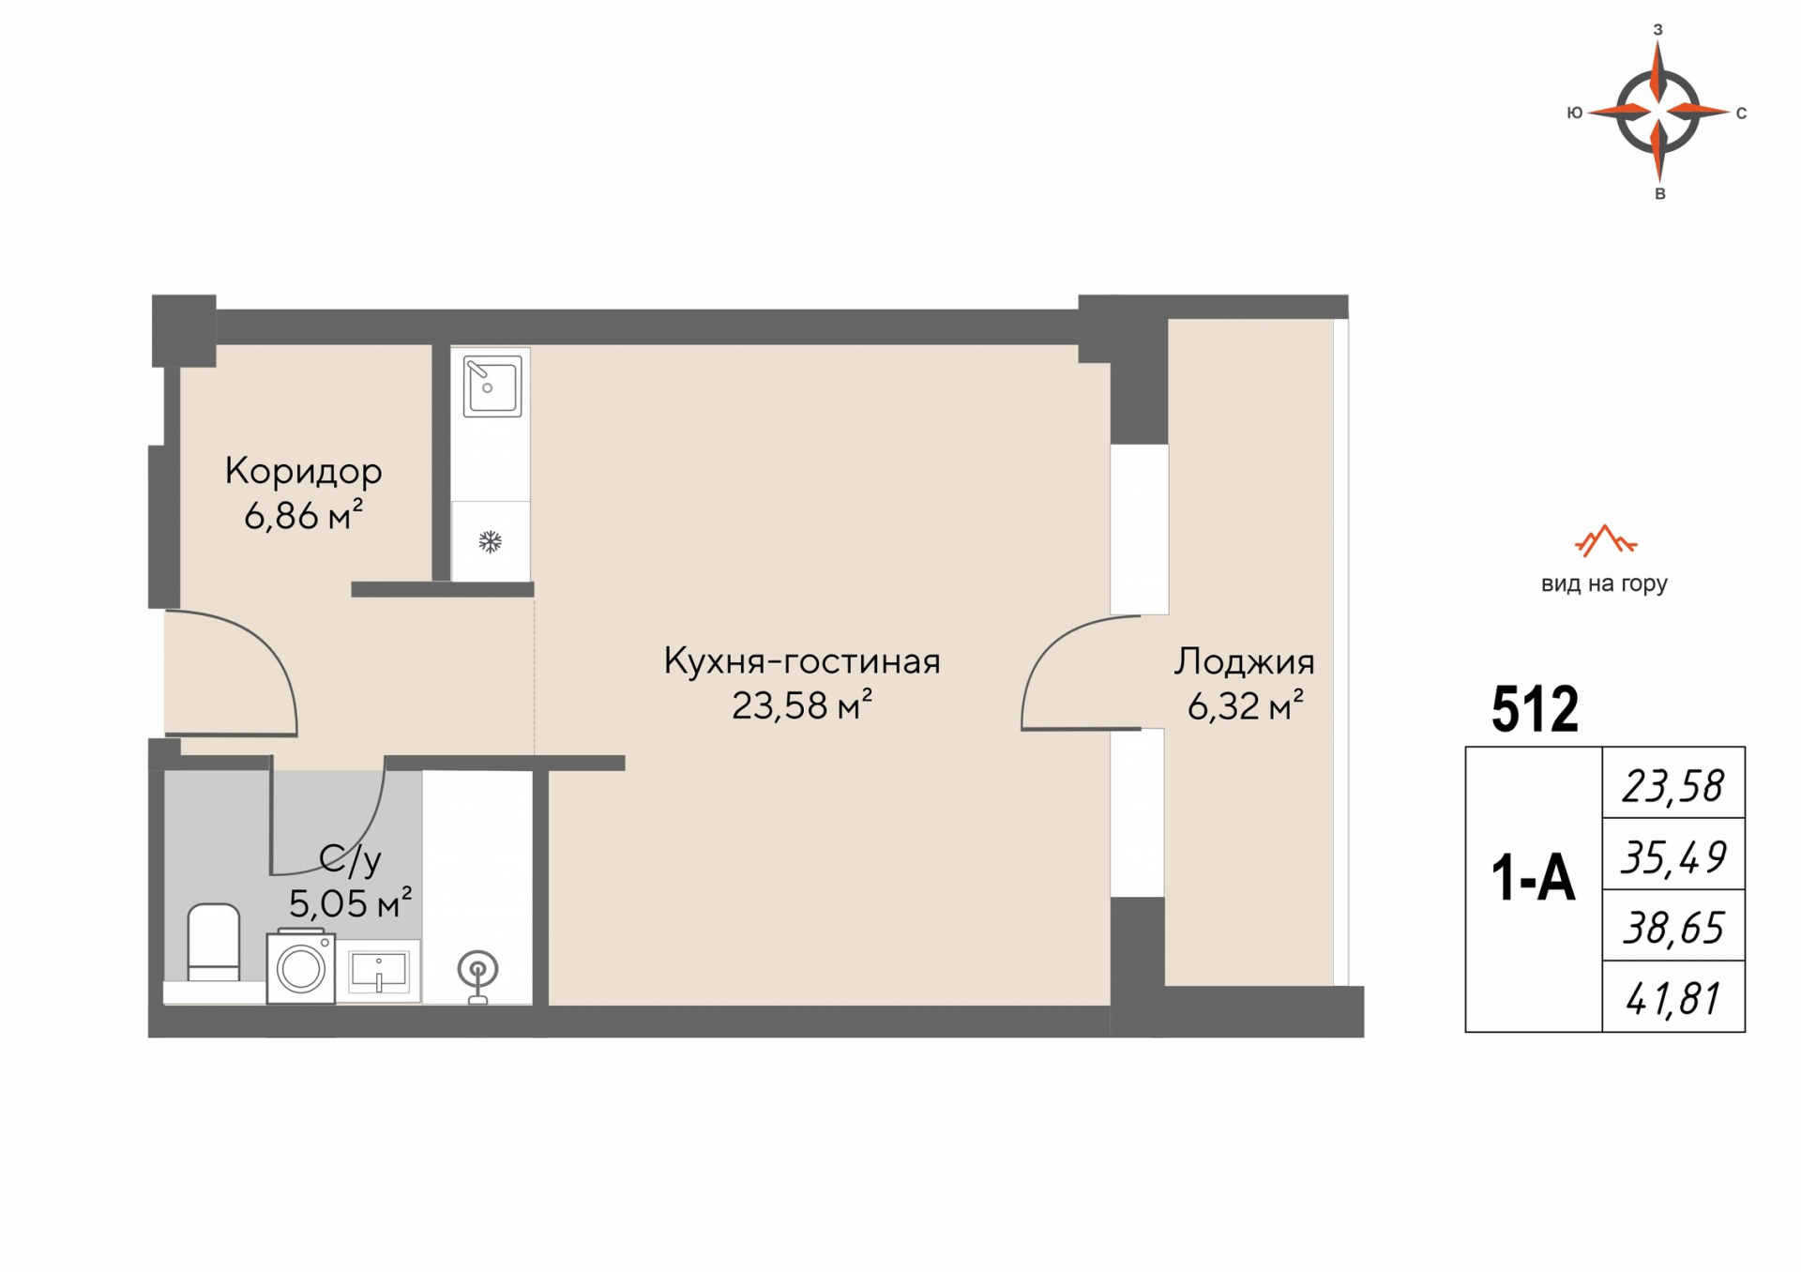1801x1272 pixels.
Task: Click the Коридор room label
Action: point(303,471)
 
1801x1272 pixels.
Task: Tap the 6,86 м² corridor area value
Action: point(303,515)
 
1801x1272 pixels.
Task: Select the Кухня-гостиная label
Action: point(802,661)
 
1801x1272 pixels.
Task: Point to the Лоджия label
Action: point(1244,662)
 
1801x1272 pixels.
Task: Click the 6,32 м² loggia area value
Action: point(1246,704)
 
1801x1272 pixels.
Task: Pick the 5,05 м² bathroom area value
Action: point(350,902)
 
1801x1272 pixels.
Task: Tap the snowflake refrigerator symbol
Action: point(490,541)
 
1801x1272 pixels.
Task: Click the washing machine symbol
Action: point(301,967)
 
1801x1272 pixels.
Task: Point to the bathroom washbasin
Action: point(378,971)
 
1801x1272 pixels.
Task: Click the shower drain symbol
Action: point(477,977)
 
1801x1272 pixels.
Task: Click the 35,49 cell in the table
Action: point(1673,855)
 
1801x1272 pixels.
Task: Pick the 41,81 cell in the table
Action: point(1673,997)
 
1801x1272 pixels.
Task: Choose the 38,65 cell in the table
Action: point(1673,926)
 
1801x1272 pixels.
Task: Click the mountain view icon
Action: point(1605,541)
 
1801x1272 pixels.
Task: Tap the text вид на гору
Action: point(1604,584)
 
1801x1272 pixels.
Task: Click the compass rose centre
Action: point(1658,112)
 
